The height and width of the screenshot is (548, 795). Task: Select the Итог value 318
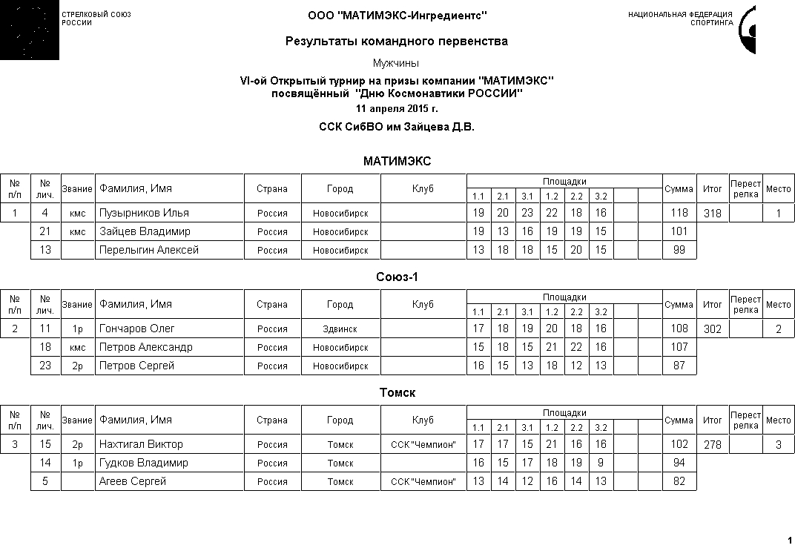click(x=712, y=213)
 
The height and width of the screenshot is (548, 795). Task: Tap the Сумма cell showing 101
click(x=679, y=231)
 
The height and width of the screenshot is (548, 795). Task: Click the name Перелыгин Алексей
click(x=149, y=250)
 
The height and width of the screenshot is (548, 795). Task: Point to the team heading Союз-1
click(x=397, y=277)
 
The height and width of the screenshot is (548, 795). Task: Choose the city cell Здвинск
click(x=340, y=329)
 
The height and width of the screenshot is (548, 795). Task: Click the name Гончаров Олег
click(x=137, y=329)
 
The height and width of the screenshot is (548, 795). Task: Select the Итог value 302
click(x=712, y=329)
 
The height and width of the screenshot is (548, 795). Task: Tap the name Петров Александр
click(x=146, y=347)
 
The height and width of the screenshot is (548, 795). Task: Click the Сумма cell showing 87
click(x=679, y=366)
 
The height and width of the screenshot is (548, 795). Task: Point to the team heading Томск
click(x=397, y=393)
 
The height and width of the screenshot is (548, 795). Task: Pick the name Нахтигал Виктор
click(x=141, y=444)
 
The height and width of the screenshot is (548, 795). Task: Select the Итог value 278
click(x=712, y=444)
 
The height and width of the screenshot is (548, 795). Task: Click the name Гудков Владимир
click(x=144, y=463)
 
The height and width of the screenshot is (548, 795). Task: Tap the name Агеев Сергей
click(x=133, y=481)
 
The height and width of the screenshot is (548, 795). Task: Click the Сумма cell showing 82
click(x=679, y=481)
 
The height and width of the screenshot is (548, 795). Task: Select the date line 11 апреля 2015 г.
click(x=397, y=109)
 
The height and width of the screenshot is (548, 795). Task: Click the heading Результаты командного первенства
click(x=397, y=42)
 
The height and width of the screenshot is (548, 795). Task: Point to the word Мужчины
click(x=396, y=64)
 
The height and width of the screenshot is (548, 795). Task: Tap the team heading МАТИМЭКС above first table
click(x=397, y=162)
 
